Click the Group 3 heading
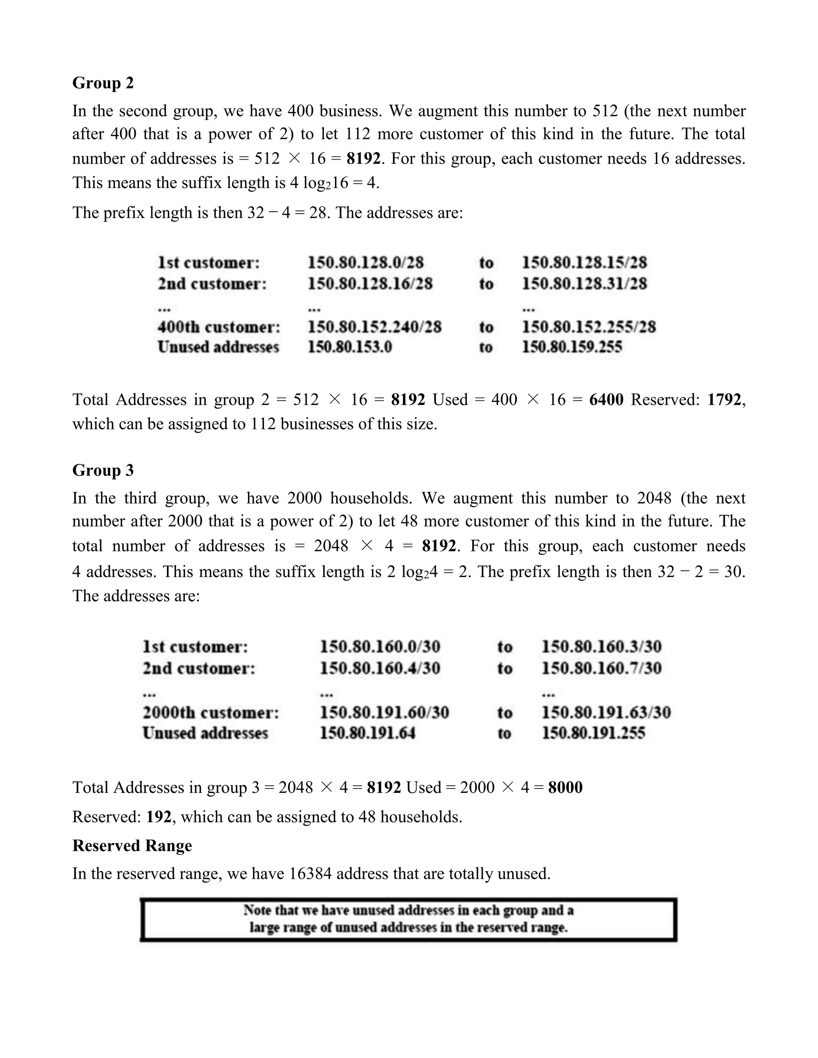(103, 470)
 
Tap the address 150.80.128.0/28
(365, 263)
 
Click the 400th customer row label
(218, 327)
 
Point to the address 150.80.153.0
(349, 347)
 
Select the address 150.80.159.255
(572, 347)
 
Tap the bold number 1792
(724, 400)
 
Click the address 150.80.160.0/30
(380, 647)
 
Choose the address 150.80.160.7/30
(601, 668)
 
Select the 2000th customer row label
(211, 713)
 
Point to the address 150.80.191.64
(367, 733)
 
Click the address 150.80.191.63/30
(606, 713)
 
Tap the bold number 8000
(565, 787)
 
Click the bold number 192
(159, 817)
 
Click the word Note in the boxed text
(257, 910)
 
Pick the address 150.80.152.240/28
(375, 327)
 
